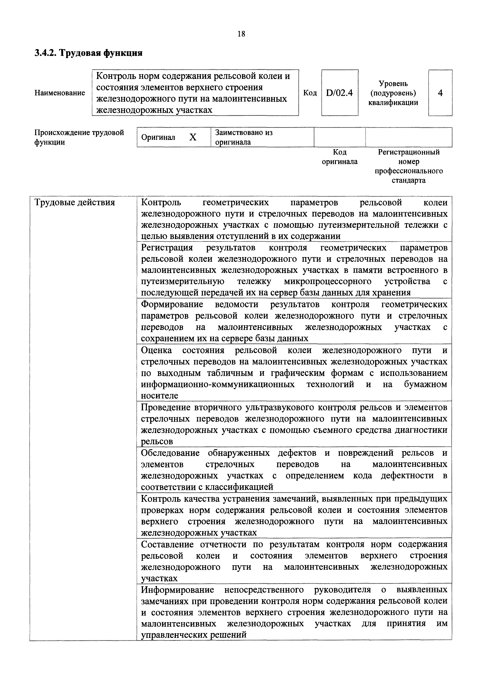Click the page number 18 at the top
(241, 34)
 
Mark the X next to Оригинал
(193, 137)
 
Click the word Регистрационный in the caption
(409, 152)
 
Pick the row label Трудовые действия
(74, 203)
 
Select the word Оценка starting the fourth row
(156, 350)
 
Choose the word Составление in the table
(168, 544)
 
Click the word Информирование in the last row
(177, 590)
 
